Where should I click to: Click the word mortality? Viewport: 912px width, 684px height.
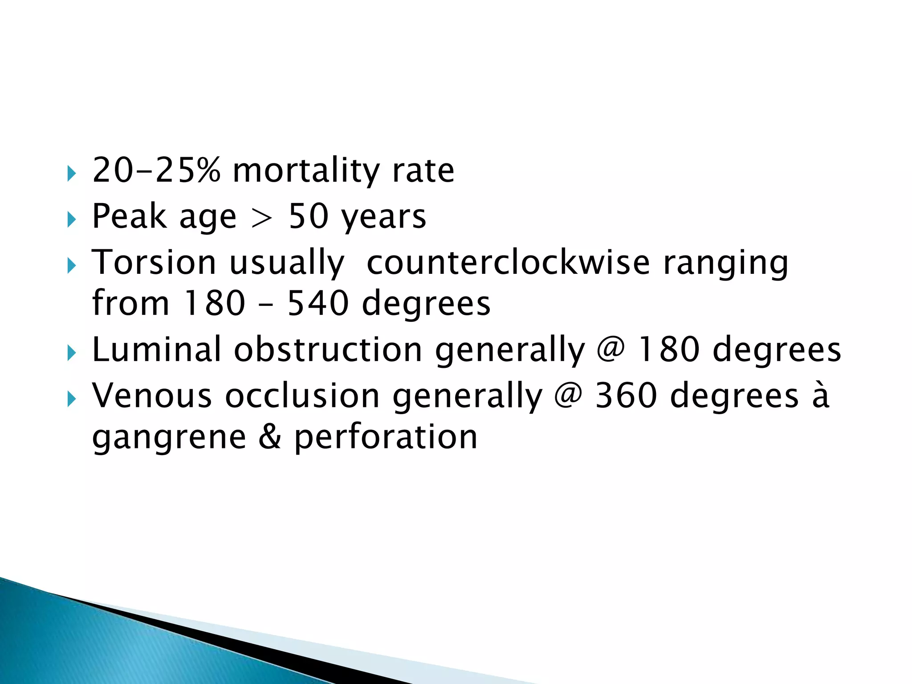pyautogui.click(x=306, y=171)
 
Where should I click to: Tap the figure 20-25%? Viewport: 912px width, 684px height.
pyautogui.click(x=156, y=170)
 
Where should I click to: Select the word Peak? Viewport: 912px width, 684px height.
pyautogui.click(x=129, y=216)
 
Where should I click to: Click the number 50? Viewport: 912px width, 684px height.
pyautogui.click(x=308, y=217)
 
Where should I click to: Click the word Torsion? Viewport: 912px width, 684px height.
pyautogui.click(x=154, y=262)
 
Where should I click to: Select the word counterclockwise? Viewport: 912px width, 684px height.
pyautogui.click(x=508, y=262)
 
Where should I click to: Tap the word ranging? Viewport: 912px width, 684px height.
pyautogui.click(x=726, y=264)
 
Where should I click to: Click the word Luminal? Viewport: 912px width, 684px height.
pyautogui.click(x=156, y=349)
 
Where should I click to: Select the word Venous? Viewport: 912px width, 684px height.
pyautogui.click(x=152, y=395)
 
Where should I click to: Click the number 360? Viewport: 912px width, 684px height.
pyautogui.click(x=626, y=395)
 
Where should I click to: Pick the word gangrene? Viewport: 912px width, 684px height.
pyautogui.click(x=169, y=438)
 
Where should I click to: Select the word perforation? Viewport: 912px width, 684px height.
pyautogui.click(x=386, y=438)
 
